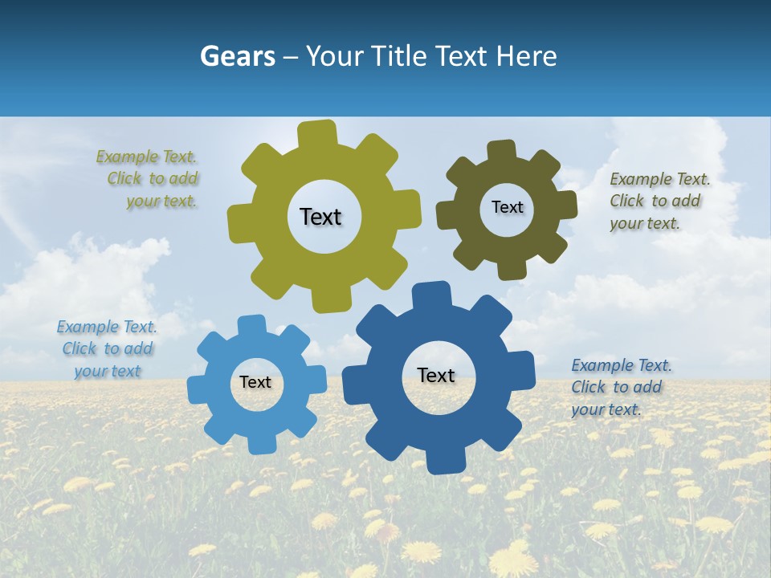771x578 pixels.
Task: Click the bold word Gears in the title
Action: [237, 56]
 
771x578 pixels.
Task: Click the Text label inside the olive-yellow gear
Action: [320, 217]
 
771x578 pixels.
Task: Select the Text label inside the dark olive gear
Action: [507, 207]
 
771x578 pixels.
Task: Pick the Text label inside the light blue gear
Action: [255, 383]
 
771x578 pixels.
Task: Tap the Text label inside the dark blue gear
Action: [436, 376]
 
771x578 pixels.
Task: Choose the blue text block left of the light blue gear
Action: [107, 349]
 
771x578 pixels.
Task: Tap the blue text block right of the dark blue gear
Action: [620, 388]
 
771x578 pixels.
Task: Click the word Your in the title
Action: [329, 56]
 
